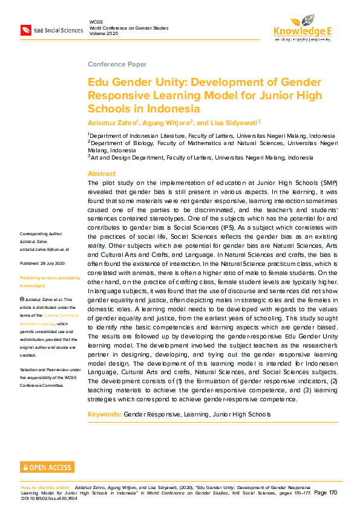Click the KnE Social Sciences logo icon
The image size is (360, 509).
point(26,30)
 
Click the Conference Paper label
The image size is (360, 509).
point(117,64)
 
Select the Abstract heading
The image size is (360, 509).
point(102,173)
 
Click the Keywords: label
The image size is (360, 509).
point(105,414)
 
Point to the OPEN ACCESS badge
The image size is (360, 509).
point(47,467)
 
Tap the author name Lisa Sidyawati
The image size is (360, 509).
point(235,122)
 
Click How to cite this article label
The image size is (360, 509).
point(46,487)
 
